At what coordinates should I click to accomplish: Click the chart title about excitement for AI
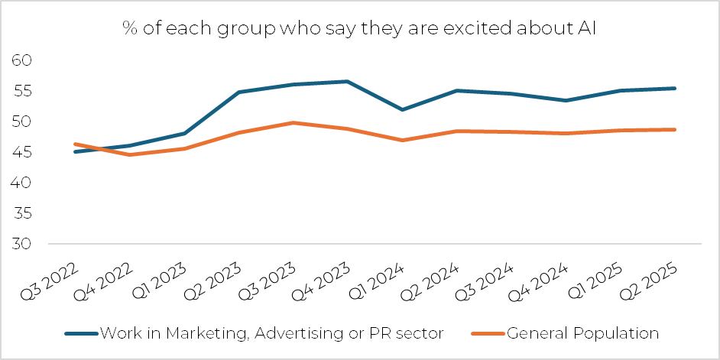[360, 28]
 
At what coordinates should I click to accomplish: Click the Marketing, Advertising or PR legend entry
[255, 333]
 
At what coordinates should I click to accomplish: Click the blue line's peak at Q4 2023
[348, 81]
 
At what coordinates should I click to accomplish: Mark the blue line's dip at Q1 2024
[402, 109]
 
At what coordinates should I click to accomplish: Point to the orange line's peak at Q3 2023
[293, 122]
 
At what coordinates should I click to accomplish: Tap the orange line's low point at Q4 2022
[129, 154]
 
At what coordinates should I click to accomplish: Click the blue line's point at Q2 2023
[238, 92]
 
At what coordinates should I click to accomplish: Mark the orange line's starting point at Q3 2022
[74, 144]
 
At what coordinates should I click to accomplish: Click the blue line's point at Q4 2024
[566, 100]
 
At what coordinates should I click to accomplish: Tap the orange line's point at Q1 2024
[402, 140]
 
